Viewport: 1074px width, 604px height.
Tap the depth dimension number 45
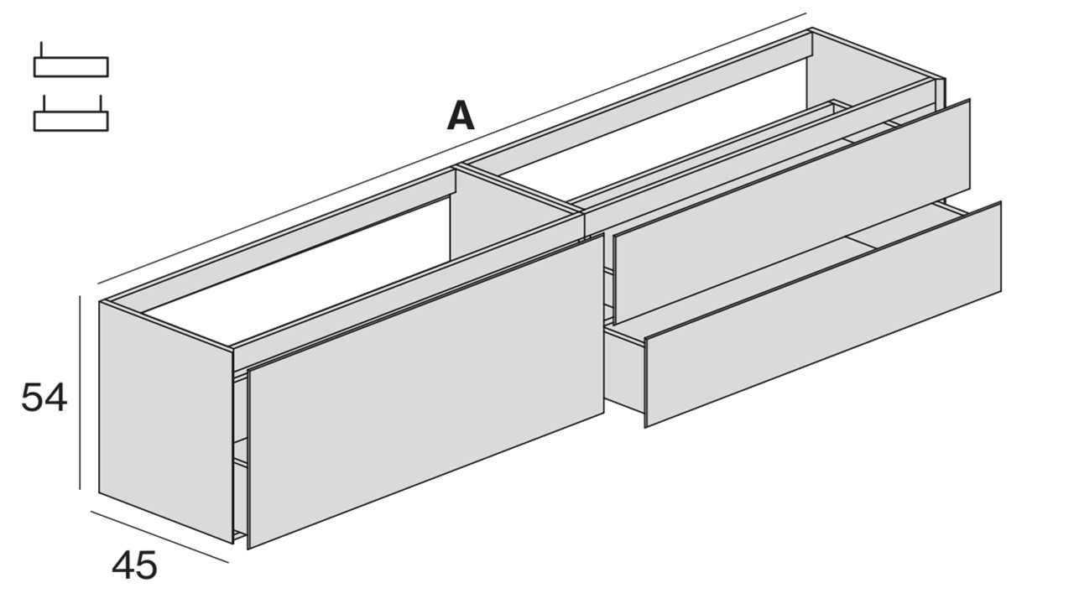pyautogui.click(x=134, y=565)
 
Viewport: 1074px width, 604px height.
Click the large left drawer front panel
pyautogui.click(x=425, y=391)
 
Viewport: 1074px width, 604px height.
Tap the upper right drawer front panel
pyautogui.click(x=791, y=212)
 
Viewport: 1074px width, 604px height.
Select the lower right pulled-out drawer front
pyautogui.click(x=823, y=315)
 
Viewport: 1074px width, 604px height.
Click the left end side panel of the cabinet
pyautogui.click(x=166, y=422)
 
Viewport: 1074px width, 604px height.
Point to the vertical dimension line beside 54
pyautogui.click(x=80, y=393)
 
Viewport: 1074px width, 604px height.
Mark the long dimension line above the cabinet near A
pyautogui.click(x=451, y=148)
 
